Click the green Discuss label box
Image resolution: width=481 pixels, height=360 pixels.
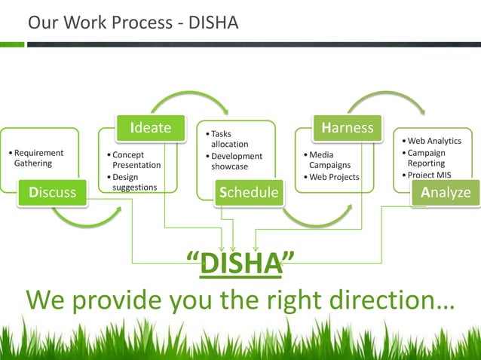click(x=53, y=193)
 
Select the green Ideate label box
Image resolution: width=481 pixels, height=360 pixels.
click(x=150, y=127)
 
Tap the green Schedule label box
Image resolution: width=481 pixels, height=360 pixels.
click(x=248, y=193)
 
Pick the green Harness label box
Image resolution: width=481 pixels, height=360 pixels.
click(x=346, y=127)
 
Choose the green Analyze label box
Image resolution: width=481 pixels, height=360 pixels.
click(x=445, y=193)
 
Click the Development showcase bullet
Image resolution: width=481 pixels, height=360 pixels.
click(x=236, y=161)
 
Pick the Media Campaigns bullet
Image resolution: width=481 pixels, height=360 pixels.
click(x=329, y=160)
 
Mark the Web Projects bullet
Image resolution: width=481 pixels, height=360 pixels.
click(x=333, y=177)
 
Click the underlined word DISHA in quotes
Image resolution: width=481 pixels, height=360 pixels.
click(x=240, y=265)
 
